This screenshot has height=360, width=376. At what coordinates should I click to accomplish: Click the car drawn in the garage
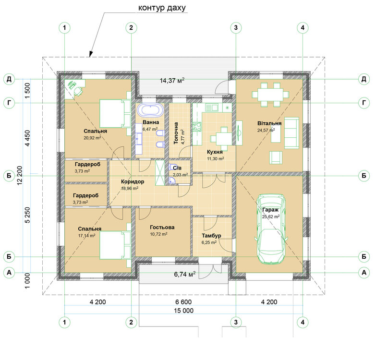[x=271, y=229]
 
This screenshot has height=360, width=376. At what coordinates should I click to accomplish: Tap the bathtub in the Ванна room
[x=150, y=110]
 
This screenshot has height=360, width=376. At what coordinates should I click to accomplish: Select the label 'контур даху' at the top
[x=162, y=8]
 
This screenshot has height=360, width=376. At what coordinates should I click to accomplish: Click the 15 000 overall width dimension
[x=184, y=311]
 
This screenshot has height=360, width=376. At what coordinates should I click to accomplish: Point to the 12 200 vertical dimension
[x=20, y=176]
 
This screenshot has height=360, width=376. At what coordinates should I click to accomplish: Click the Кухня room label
[x=215, y=152]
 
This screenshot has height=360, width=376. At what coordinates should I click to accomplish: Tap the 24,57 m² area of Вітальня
[x=266, y=130]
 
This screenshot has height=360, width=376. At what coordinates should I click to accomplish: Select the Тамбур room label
[x=211, y=236]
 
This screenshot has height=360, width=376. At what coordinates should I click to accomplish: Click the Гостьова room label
[x=162, y=227]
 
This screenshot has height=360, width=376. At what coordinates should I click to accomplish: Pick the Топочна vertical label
[x=176, y=133]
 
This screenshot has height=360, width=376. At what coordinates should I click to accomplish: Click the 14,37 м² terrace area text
[x=172, y=80]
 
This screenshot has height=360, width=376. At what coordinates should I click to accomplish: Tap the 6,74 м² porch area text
[x=185, y=274]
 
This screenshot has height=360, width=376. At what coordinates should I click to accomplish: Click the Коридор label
[x=133, y=181]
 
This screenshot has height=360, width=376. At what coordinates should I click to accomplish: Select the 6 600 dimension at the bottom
[x=183, y=302]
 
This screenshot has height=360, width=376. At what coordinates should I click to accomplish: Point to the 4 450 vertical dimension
[x=28, y=138]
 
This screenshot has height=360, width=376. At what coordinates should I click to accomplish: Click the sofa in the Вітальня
[x=291, y=133]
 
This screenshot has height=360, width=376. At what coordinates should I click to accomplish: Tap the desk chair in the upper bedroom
[x=78, y=91]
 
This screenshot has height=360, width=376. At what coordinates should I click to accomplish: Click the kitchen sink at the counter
[x=211, y=107]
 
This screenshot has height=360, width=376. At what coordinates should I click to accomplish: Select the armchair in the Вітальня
[x=276, y=157]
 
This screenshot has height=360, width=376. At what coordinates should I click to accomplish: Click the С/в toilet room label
[x=177, y=168]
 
